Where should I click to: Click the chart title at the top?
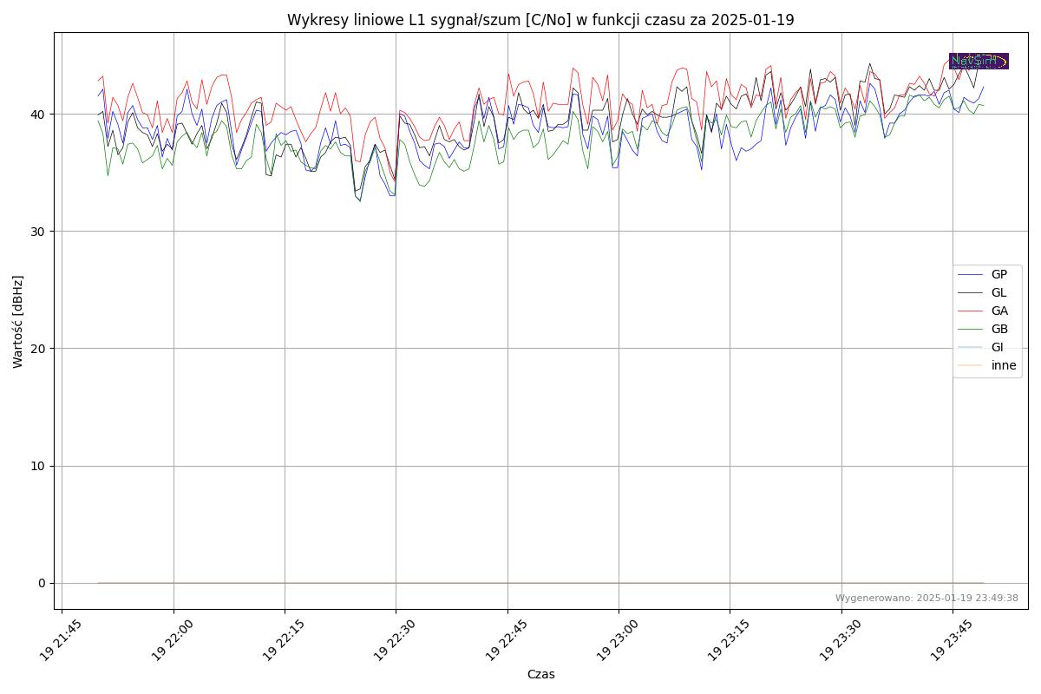540,20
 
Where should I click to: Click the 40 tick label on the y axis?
38,115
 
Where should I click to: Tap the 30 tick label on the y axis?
38,232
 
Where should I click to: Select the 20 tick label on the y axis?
38,349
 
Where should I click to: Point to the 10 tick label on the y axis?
38,466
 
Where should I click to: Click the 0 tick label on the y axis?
42,583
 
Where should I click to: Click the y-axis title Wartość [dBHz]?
18,321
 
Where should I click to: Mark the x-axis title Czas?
540,674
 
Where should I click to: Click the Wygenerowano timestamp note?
926,598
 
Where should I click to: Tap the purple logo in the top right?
979,61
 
